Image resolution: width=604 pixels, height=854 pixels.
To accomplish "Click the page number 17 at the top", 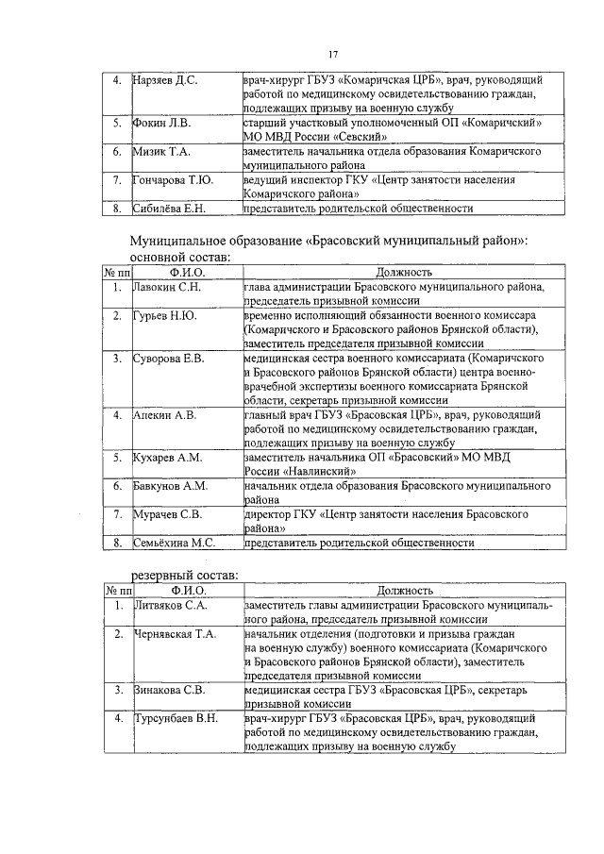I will (x=333, y=53).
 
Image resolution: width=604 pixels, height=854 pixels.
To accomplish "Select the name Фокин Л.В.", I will (x=161, y=123).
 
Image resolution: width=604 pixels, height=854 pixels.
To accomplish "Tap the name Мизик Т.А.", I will (x=161, y=151).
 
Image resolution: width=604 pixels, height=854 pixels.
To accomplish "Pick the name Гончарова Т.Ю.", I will (x=174, y=179).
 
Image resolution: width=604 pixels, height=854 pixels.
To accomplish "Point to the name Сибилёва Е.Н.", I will (x=169, y=208).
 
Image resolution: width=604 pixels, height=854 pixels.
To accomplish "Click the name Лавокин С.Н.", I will (x=168, y=286).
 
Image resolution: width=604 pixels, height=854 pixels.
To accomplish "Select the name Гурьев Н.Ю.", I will (x=164, y=315).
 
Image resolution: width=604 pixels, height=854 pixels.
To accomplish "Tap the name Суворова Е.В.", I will (x=169, y=359).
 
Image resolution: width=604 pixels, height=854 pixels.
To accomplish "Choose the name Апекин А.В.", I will (x=165, y=414).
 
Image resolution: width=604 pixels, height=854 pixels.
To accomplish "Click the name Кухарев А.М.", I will (x=168, y=458).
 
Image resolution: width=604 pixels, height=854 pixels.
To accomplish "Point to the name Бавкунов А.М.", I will (x=171, y=486).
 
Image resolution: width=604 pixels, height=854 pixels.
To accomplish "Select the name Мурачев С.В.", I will (x=167, y=514).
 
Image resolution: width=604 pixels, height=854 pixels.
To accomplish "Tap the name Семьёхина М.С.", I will (x=176, y=543).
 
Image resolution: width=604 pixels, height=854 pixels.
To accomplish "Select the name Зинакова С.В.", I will (x=169, y=690).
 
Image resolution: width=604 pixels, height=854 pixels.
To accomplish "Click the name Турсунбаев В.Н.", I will (x=176, y=719).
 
